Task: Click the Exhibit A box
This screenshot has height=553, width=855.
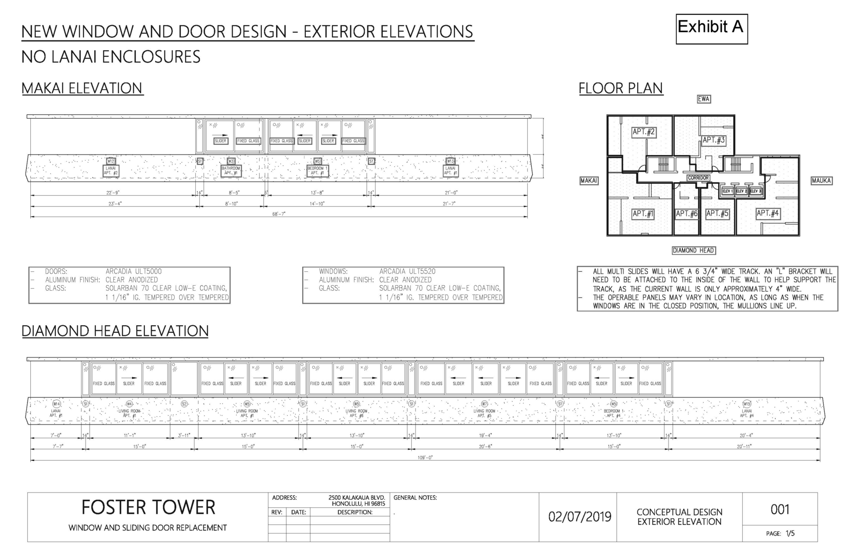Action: [711, 29]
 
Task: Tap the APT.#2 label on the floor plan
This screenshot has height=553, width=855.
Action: [643, 132]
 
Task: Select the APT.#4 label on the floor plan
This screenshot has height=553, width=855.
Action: [768, 214]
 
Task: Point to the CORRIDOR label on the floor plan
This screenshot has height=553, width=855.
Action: [698, 178]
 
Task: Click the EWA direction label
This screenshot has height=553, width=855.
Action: [704, 99]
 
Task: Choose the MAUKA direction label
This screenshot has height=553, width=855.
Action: [821, 181]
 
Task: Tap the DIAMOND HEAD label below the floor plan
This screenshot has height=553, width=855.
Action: [694, 250]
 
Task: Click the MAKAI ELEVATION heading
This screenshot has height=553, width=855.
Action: [82, 88]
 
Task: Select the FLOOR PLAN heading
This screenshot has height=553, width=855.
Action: [620, 88]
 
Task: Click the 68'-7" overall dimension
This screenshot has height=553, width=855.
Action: [279, 214]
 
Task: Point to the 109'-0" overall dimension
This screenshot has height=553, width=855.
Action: [425, 458]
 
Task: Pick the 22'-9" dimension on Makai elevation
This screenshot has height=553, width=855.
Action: [113, 193]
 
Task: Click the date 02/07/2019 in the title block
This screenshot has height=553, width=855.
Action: [579, 517]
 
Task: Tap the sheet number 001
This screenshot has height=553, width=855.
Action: [780, 509]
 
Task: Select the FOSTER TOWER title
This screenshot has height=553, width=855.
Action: [148, 507]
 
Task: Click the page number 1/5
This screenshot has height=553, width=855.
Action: [789, 534]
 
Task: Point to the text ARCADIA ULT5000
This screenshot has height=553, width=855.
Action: [134, 271]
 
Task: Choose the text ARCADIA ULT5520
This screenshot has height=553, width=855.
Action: [407, 271]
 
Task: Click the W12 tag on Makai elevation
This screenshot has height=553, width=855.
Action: [111, 161]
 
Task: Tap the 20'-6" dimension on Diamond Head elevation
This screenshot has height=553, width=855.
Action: [486, 446]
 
